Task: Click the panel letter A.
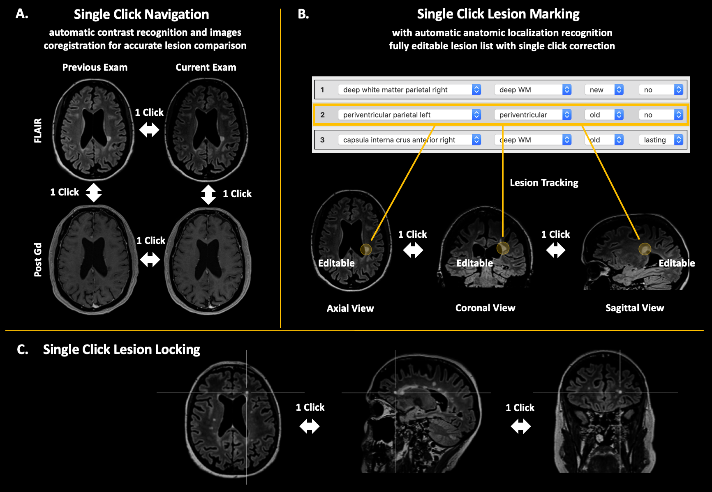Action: (22, 14)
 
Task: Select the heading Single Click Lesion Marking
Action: (498, 14)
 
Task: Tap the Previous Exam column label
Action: (95, 67)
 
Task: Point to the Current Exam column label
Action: (206, 67)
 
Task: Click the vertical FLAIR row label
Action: (38, 130)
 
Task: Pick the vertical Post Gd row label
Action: (38, 260)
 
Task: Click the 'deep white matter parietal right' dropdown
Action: (409, 90)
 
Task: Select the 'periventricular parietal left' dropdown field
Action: (409, 115)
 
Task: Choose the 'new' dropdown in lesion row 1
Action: (603, 90)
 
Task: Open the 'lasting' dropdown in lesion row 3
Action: (661, 140)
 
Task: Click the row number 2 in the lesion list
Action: (323, 115)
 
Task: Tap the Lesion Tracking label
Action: (544, 183)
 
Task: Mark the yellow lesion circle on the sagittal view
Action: (645, 249)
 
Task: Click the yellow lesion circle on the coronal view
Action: (503, 248)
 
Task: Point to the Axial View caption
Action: (350, 308)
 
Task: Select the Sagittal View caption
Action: (634, 308)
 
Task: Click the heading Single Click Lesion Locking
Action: (121, 349)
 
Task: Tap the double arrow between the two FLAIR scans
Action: (149, 130)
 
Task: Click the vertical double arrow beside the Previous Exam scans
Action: (94, 192)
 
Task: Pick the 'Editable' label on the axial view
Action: (336, 263)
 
